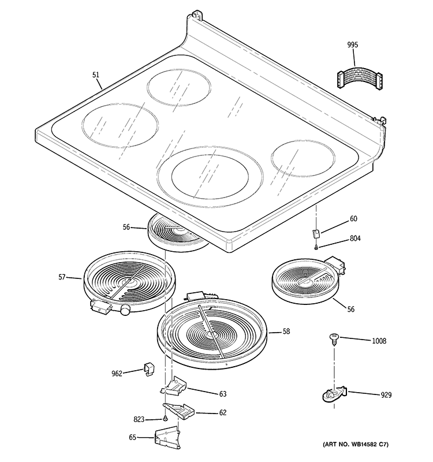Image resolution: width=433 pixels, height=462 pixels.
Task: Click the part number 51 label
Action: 96,74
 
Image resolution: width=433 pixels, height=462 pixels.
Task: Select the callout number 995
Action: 353,44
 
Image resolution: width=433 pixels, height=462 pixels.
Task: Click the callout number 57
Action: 62,278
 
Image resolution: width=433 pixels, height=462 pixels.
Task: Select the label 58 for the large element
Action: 286,332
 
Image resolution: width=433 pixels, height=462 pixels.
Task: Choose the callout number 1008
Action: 379,341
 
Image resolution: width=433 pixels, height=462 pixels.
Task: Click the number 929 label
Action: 386,395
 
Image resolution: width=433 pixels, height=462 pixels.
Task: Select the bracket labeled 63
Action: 176,386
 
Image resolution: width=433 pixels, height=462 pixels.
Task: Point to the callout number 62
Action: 222,412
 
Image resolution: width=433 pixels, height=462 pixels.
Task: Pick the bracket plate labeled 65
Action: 167,438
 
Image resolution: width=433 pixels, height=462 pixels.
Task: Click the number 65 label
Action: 132,438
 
